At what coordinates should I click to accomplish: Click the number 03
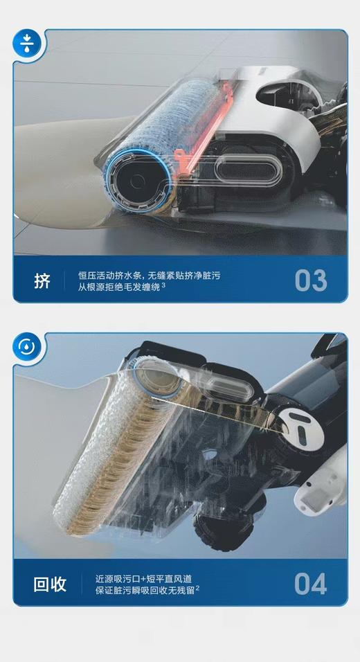[310, 280]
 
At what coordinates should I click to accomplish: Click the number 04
[310, 583]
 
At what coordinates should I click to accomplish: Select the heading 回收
[50, 584]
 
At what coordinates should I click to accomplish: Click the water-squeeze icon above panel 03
[27, 44]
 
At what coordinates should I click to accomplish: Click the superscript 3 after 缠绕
[163, 285]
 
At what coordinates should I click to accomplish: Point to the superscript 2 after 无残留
[197, 587]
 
